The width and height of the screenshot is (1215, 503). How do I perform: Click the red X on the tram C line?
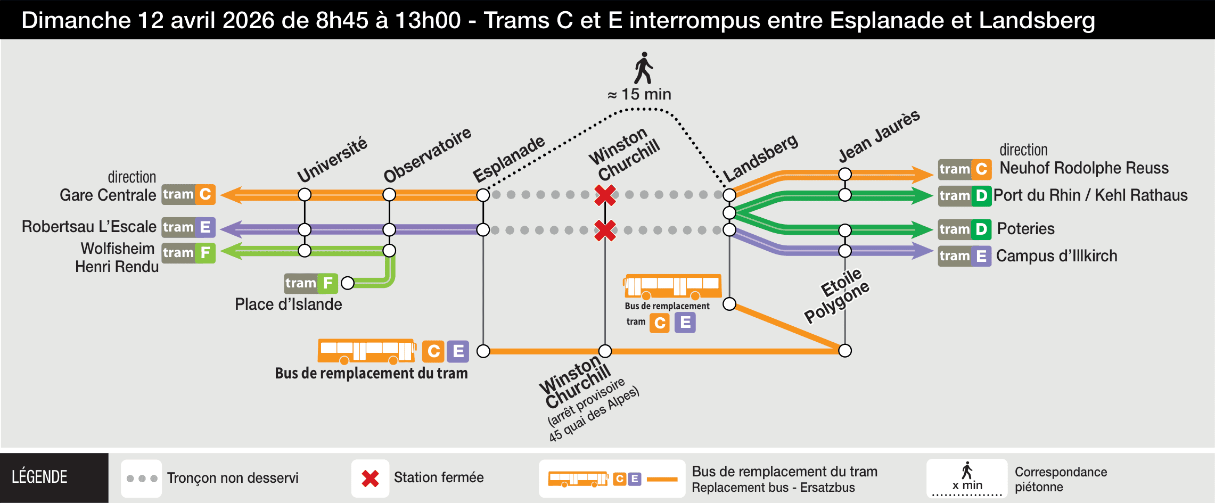pos(605,195)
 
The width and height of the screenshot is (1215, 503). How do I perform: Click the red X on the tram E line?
pos(605,230)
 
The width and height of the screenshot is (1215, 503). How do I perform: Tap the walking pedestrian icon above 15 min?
pos(644,68)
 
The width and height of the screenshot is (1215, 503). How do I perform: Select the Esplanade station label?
pos(508,159)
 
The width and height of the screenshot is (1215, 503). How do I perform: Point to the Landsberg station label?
pos(760,157)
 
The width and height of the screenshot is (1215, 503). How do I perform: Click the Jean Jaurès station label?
pos(879,136)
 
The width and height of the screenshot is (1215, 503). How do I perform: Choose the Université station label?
pos(332,160)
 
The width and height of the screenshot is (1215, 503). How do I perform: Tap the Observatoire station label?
pos(427,155)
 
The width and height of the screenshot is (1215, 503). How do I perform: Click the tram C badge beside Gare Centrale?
pos(188,194)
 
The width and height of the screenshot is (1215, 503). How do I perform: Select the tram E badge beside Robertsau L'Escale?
pos(188,227)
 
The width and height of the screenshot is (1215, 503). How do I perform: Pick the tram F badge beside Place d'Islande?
pos(311,283)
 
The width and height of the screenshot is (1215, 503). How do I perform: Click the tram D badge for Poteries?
pos(964,229)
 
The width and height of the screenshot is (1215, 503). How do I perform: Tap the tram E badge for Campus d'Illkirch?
pos(964,257)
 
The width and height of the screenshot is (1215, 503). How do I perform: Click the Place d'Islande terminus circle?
pos(348,283)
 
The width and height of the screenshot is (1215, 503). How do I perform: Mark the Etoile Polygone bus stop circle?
pos(845,351)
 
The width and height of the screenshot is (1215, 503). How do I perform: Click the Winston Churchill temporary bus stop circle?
pos(605,351)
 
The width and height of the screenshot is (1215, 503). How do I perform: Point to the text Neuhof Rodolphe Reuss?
pos(1083,168)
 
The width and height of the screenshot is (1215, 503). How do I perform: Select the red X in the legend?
pos(370,479)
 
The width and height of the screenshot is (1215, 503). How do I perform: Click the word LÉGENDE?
pos(39,477)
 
